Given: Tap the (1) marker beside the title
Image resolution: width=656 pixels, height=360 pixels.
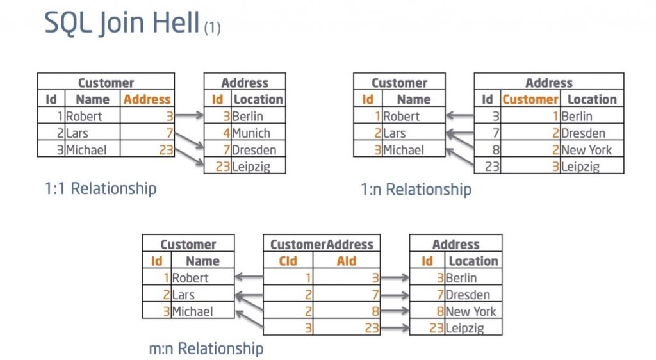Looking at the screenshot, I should pyautogui.click(x=212, y=28).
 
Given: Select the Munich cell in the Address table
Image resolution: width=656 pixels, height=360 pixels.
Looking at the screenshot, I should pyautogui.click(x=251, y=133).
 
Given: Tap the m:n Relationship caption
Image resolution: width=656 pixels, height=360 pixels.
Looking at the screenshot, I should pyautogui.click(x=206, y=348).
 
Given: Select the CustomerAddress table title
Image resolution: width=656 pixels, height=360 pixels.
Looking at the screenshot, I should pyautogui.click(x=322, y=245).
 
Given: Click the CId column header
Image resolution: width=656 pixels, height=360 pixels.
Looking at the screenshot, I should pyautogui.click(x=288, y=261).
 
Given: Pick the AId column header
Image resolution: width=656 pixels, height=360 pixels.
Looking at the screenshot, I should pyautogui.click(x=346, y=261).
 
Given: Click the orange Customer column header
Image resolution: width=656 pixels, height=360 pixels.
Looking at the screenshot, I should pyautogui.click(x=530, y=100).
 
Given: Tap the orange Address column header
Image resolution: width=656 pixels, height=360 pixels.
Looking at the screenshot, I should pyautogui.click(x=147, y=100).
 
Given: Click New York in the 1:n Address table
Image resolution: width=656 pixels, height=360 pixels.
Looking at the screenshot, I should pyautogui.click(x=586, y=150).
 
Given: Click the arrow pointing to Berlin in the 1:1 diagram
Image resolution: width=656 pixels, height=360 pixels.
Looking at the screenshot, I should pyautogui.click(x=189, y=116).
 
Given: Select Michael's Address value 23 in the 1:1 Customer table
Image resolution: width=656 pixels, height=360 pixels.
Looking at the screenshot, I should pyautogui.click(x=166, y=150).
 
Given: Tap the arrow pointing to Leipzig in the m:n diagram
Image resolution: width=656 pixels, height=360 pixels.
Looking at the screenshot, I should pyautogui.click(x=395, y=328).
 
